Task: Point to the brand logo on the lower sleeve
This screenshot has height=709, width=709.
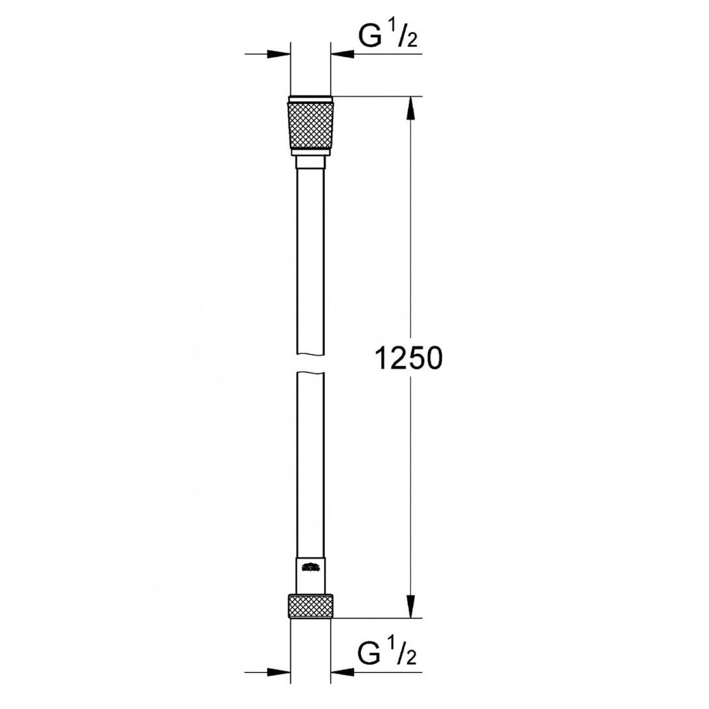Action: pos(310,567)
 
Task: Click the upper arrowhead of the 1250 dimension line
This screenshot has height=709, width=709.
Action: pos(410,108)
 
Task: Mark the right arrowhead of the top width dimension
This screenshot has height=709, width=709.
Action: pos(342,55)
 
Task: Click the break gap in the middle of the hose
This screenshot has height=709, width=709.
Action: pos(310,363)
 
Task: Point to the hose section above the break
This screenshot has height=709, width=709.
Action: pos(310,260)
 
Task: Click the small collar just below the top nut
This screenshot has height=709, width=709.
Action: pos(310,162)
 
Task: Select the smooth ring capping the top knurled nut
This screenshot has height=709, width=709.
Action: pos(310,100)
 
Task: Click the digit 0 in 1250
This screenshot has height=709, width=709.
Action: pos(432,358)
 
